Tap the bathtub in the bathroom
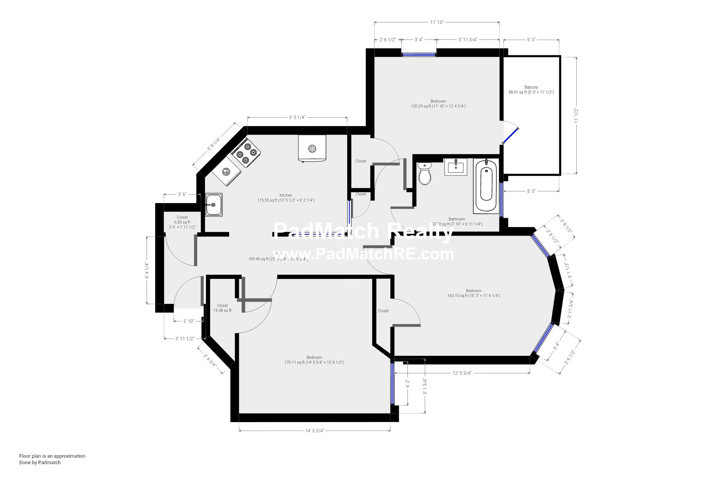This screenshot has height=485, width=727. (487, 185)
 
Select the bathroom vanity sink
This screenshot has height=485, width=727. (456, 166)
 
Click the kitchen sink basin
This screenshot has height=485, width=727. (214, 205)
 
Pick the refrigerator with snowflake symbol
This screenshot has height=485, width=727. (312, 148)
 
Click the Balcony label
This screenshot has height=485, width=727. (531, 87)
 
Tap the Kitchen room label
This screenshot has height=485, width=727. (286, 195)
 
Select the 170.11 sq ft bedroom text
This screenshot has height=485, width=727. (314, 362)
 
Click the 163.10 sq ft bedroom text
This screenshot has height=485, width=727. (473, 296)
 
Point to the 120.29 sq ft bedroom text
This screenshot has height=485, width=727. (438, 106)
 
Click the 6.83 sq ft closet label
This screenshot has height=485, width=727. (182, 222)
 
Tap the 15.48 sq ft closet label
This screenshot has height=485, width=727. (222, 310)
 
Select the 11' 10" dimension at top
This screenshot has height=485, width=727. (437, 22)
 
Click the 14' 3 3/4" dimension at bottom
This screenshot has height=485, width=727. (315, 430)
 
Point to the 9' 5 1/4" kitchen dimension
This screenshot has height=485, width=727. (297, 117)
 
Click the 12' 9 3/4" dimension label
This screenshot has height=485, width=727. (462, 373)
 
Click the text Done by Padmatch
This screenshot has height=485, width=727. (40, 462)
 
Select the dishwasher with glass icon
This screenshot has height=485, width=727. (226, 172)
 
